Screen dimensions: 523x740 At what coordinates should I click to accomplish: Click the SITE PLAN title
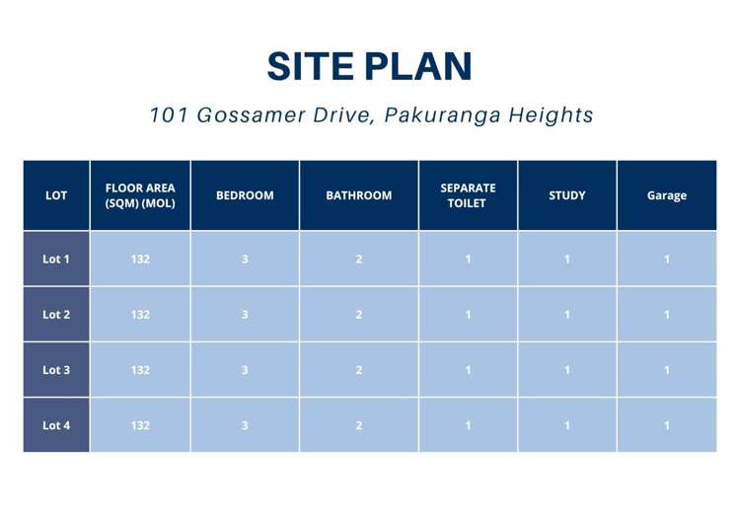(x=370, y=66)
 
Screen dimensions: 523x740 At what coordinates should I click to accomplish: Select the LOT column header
(x=56, y=195)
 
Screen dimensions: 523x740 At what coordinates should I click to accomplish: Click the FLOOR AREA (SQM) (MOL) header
(x=140, y=195)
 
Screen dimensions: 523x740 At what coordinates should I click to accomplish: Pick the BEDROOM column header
(x=245, y=195)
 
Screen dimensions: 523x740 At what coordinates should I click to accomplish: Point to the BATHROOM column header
(x=359, y=195)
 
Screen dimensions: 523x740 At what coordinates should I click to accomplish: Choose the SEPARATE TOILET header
(x=468, y=195)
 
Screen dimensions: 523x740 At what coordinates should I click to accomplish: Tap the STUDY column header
(x=567, y=195)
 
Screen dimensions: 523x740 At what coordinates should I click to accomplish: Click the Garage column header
(x=667, y=195)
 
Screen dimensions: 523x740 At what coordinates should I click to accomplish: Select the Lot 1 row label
(x=56, y=260)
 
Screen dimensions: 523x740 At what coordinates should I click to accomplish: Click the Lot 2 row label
(x=56, y=315)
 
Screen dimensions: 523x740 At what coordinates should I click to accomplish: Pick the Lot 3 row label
(x=56, y=370)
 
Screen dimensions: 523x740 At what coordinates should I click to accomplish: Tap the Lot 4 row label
(x=56, y=425)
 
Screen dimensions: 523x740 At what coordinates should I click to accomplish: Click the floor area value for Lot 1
(x=140, y=260)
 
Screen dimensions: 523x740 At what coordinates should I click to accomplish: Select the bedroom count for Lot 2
(x=245, y=315)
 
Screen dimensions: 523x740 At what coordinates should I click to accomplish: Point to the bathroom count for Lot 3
(x=359, y=370)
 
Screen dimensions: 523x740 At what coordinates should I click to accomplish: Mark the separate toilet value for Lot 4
(x=468, y=425)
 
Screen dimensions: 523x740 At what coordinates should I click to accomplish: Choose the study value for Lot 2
(x=567, y=315)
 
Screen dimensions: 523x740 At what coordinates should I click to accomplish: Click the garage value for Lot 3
(x=667, y=370)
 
